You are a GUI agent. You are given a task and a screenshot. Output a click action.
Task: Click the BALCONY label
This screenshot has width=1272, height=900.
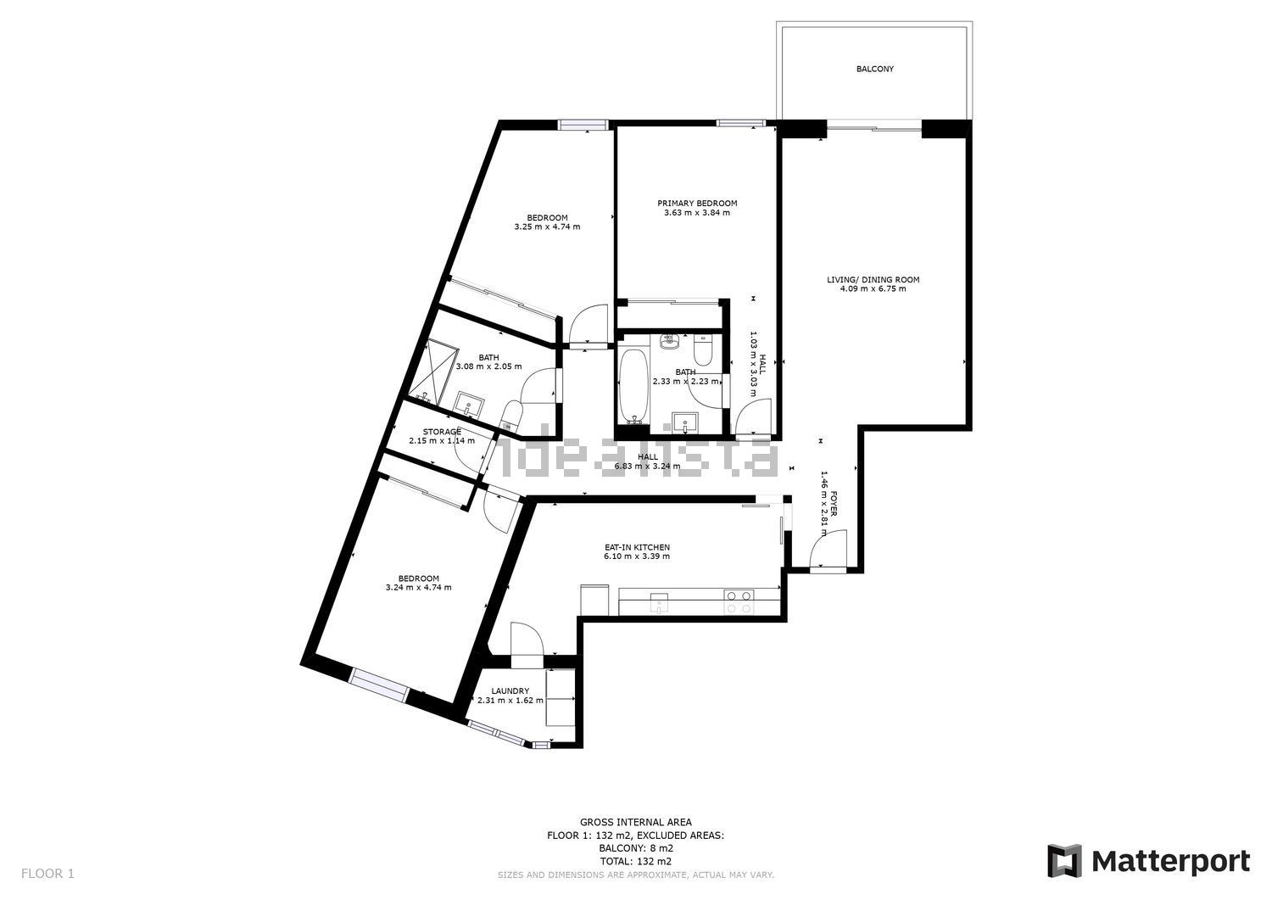point(874,69)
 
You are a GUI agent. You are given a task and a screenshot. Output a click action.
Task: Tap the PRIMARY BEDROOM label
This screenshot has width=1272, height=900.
point(697,203)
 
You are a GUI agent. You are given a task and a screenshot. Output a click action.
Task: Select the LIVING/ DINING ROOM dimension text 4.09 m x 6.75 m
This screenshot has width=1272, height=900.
point(873,288)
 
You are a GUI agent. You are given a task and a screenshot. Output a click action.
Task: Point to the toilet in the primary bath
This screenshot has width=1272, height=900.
point(703,350)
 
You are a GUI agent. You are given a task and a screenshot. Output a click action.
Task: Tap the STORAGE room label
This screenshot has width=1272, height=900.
point(442,432)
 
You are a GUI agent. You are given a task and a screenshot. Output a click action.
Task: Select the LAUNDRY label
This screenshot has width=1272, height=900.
point(510,691)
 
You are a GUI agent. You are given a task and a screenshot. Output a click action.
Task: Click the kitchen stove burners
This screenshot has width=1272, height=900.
point(739,601)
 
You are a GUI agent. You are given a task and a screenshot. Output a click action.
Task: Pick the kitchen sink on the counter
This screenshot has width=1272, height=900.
point(659,603)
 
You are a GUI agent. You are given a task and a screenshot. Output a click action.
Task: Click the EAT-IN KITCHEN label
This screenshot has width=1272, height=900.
point(637,547)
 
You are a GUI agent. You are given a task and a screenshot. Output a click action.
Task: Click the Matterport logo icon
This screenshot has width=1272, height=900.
point(1064,861)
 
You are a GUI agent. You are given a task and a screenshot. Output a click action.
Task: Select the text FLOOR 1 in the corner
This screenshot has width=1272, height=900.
point(47,874)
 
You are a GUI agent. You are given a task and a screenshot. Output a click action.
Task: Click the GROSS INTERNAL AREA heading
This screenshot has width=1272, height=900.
point(635,822)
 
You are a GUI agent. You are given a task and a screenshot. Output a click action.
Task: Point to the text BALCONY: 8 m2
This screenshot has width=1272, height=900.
point(635,848)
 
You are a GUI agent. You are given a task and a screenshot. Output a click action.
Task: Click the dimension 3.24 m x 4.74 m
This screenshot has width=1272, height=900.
point(419,588)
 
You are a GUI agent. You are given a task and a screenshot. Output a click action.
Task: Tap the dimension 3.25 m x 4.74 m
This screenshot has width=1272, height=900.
point(547,226)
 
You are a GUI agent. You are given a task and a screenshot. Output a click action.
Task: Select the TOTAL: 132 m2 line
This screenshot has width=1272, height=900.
point(635,861)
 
